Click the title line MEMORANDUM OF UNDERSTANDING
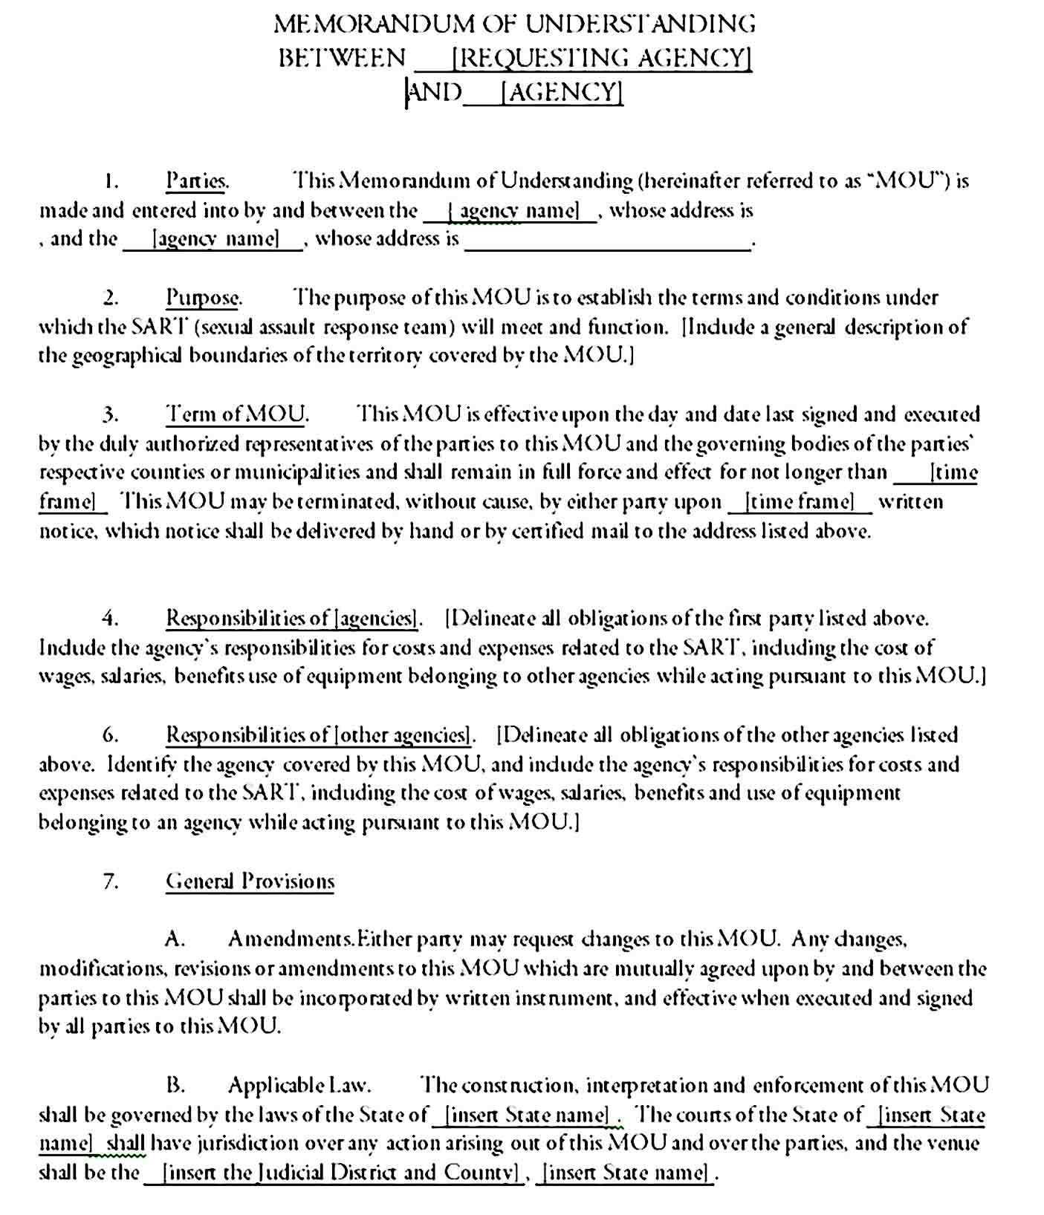pyautogui.click(x=514, y=24)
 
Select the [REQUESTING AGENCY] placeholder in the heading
pyautogui.click(x=601, y=57)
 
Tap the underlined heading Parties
pyautogui.click(x=196, y=180)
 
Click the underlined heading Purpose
pyautogui.click(x=203, y=298)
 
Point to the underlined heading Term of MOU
pyautogui.click(x=236, y=414)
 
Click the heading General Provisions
pyautogui.click(x=250, y=881)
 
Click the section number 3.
pyautogui.click(x=111, y=414)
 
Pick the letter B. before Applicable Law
pyautogui.click(x=175, y=1085)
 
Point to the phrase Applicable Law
pyautogui.click(x=299, y=1085)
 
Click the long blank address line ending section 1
pyautogui.click(x=607, y=241)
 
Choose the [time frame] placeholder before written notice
pyautogui.click(x=800, y=502)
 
